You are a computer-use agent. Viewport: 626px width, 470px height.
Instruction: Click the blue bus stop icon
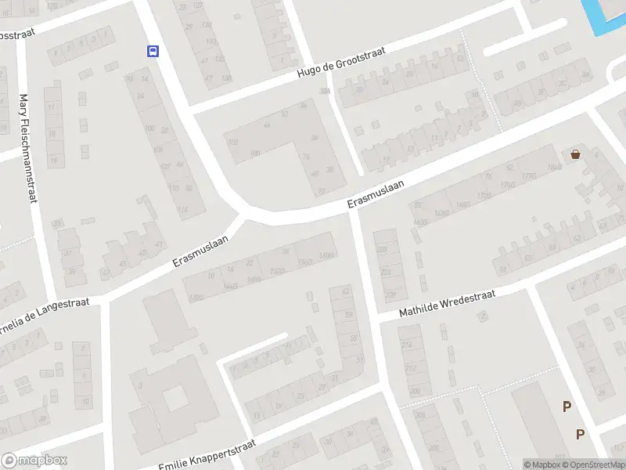point(153,52)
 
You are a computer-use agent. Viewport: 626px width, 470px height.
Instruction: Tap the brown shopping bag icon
point(576,154)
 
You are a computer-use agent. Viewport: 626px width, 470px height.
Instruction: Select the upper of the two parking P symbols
point(567,406)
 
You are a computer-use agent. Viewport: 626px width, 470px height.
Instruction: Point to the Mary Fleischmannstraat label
point(27,149)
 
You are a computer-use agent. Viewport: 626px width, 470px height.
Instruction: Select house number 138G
point(196,298)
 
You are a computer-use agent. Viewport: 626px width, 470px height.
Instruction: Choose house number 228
point(382,249)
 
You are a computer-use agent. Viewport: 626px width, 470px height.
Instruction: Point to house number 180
point(254,154)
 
